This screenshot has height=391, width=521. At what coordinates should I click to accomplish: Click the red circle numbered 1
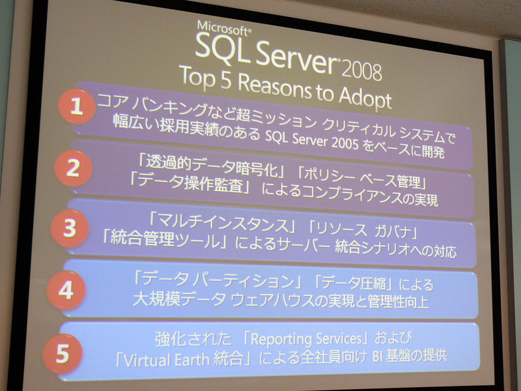click(77, 106)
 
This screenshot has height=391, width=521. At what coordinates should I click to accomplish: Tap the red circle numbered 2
click(74, 168)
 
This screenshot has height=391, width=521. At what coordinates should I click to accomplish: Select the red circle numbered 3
click(70, 228)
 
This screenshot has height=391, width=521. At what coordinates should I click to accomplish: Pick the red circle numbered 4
click(66, 290)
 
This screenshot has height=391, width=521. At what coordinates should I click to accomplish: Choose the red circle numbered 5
click(63, 353)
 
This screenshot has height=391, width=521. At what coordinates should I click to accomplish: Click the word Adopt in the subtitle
click(365, 98)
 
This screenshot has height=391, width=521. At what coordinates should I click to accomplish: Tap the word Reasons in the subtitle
click(275, 87)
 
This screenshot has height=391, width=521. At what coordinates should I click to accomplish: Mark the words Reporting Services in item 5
click(305, 339)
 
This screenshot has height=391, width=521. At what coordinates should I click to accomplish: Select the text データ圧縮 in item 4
click(355, 283)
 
